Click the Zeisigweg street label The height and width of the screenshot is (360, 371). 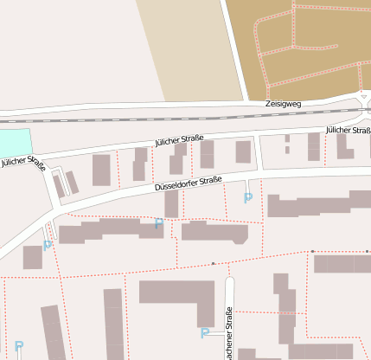(x=284, y=104)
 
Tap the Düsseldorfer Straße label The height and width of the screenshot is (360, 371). (x=188, y=183)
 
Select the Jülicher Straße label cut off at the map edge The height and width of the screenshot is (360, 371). (x=349, y=130)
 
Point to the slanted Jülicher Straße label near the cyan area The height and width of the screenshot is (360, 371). (x=23, y=161)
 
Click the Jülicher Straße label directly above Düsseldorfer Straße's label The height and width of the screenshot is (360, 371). (x=179, y=138)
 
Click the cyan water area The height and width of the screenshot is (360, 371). (x=13, y=143)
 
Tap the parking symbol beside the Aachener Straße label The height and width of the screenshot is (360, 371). (x=205, y=333)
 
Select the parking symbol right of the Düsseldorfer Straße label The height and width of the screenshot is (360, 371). (x=248, y=198)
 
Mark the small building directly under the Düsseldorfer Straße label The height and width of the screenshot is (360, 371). (x=171, y=204)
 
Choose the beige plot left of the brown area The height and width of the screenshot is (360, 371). (x=186, y=43)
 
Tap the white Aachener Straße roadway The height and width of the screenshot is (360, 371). (x=229, y=294)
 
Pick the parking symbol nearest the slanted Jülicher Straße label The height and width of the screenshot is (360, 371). (x=48, y=245)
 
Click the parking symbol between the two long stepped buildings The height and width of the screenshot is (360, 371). (x=158, y=224)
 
